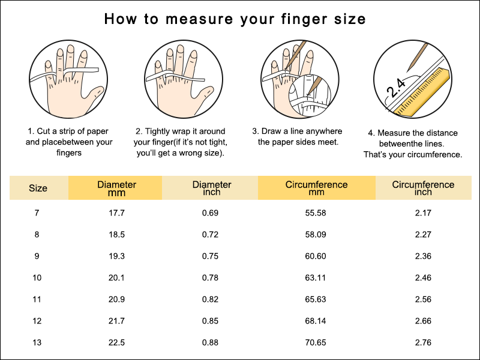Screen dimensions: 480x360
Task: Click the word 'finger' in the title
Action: pyautogui.click(x=301, y=19)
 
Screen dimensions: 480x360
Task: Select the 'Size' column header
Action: pyautogui.click(x=38, y=188)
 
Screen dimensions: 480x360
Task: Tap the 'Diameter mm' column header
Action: pyautogui.click(x=116, y=188)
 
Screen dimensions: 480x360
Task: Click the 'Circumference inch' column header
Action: pyautogui.click(x=423, y=188)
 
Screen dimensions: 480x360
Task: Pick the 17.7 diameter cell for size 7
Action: pyautogui.click(x=116, y=213)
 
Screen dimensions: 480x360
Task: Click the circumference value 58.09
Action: pyautogui.click(x=316, y=235)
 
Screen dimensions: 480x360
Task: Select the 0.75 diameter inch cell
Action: pyautogui.click(x=211, y=256)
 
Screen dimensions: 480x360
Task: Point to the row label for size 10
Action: pyautogui.click(x=37, y=278)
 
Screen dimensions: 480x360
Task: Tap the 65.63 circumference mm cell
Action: pyautogui.click(x=316, y=299)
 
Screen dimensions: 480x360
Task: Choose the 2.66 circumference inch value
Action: pyautogui.click(x=424, y=321)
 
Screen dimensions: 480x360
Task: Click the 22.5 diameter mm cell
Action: pyautogui.click(x=116, y=342)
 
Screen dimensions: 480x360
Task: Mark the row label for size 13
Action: pyautogui.click(x=37, y=342)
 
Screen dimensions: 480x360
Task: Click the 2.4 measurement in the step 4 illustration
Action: pyautogui.click(x=396, y=87)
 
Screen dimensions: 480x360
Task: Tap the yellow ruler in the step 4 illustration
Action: pyautogui.click(x=422, y=92)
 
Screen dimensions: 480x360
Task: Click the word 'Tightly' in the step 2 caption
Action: pyautogui.click(x=158, y=131)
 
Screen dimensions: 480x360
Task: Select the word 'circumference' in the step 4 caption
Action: pyautogui.click(x=437, y=155)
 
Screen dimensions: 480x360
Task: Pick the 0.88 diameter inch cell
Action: pyautogui.click(x=211, y=342)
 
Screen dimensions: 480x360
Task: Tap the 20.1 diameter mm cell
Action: pyautogui.click(x=116, y=278)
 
